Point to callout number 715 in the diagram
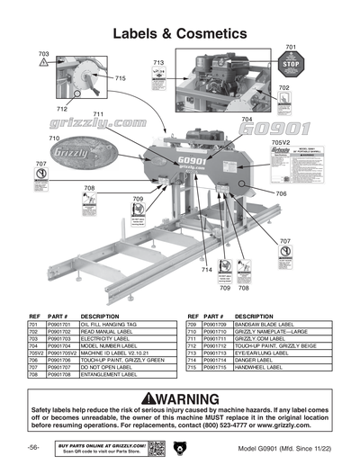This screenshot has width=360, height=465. (120, 79)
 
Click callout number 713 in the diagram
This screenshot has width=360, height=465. (158, 63)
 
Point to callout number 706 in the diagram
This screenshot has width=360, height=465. (281, 193)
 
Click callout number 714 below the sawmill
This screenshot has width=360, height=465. (206, 270)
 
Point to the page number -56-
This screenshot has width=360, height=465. (32, 447)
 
